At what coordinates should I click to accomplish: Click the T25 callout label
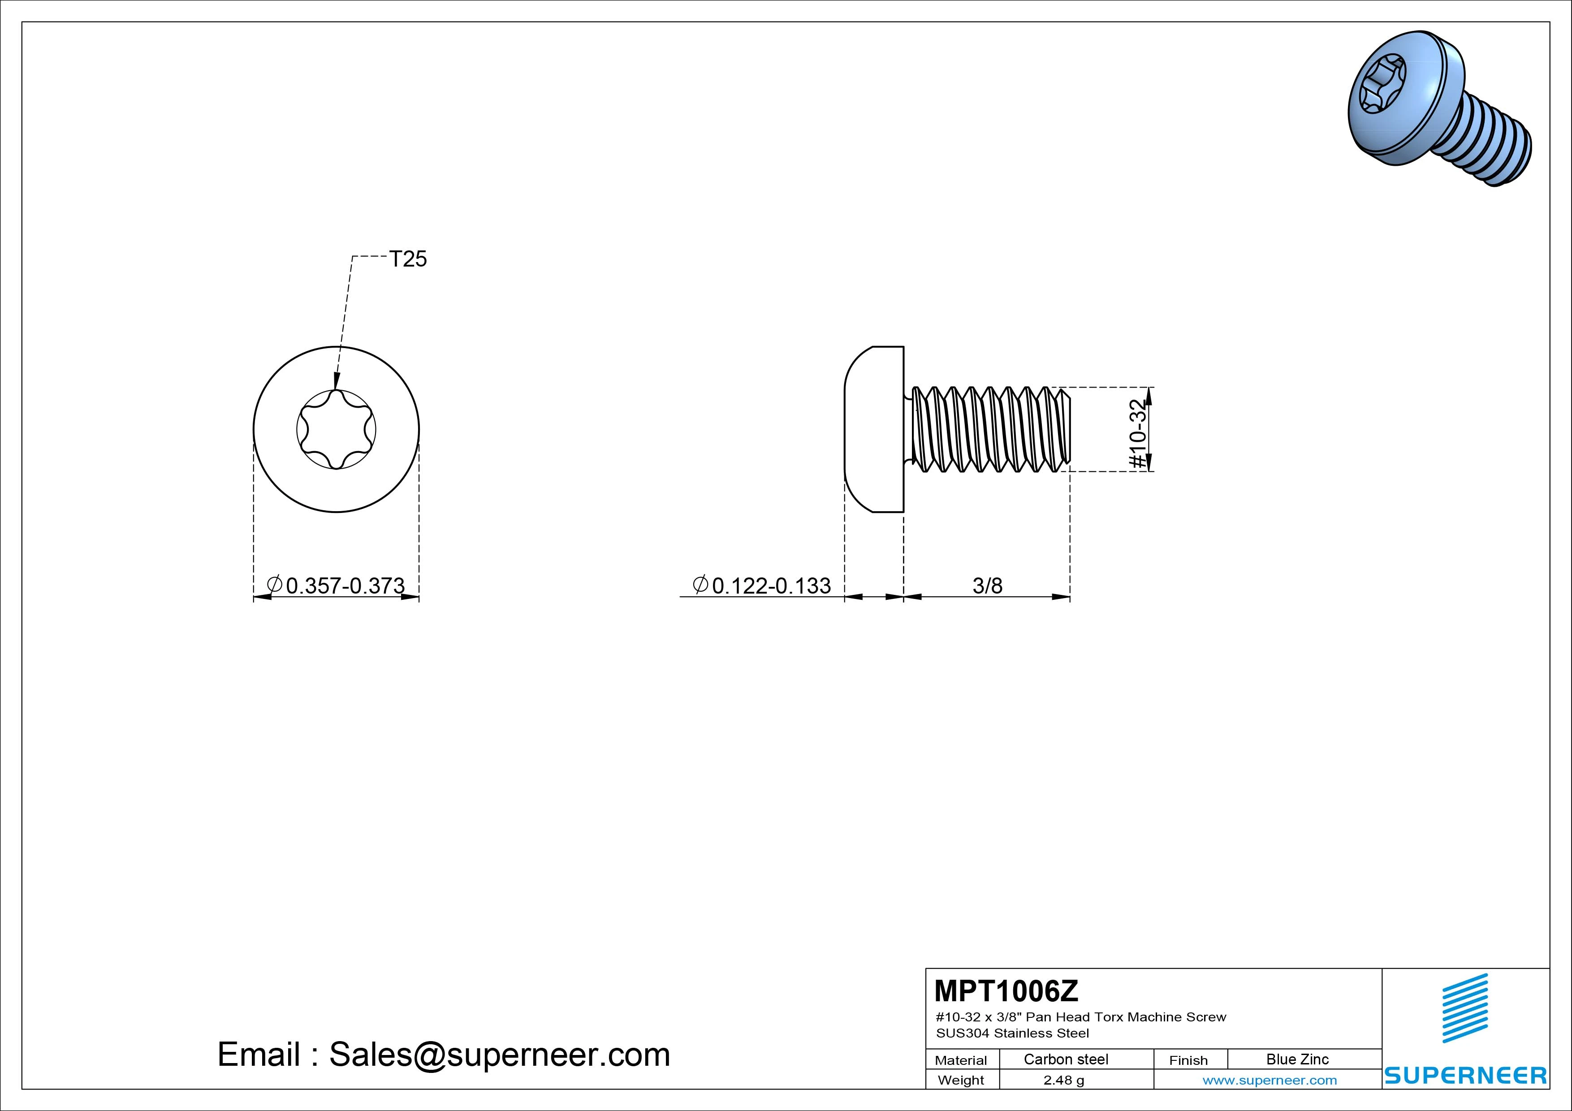(x=408, y=259)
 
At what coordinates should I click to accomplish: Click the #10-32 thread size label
(x=1137, y=434)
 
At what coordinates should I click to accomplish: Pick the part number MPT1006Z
(x=1006, y=990)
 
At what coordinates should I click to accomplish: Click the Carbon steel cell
(x=1066, y=1059)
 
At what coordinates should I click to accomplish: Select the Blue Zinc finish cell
(x=1297, y=1059)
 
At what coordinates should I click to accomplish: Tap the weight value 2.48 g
(x=1064, y=1080)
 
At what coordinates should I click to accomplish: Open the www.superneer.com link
(x=1270, y=1080)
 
